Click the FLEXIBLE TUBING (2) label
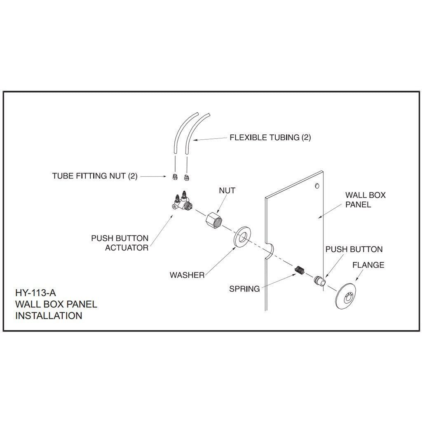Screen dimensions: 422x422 [270, 138]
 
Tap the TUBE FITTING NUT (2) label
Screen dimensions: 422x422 [94, 176]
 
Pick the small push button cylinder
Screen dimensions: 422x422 [320, 281]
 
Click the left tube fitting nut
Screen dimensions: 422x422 [174, 176]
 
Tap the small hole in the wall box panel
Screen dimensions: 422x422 [316, 186]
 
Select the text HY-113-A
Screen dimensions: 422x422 [35, 294]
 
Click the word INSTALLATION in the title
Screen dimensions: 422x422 [49, 316]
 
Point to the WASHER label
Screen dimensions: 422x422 [187, 275]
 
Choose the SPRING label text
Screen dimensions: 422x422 [244, 289]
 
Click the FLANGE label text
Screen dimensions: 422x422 [368, 265]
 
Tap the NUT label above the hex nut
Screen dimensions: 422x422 [227, 191]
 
